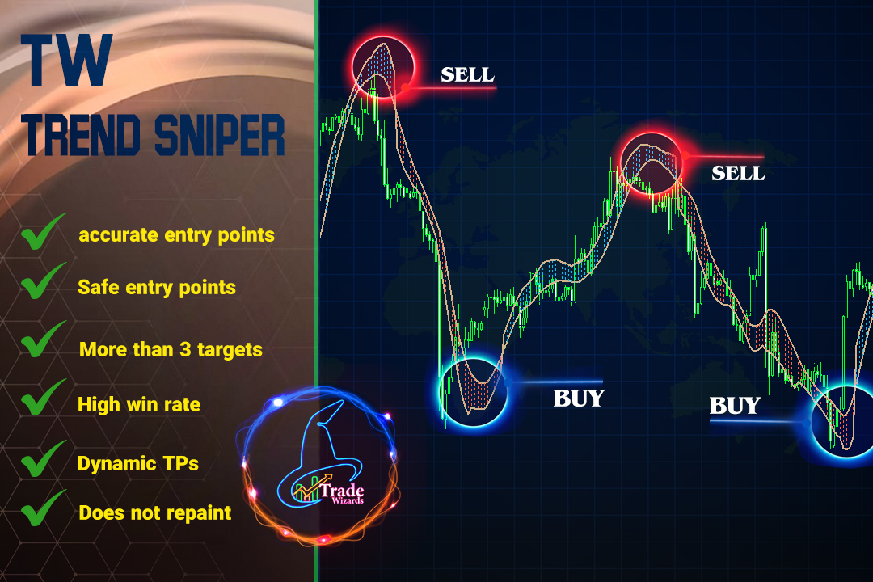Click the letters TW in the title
coord(66,60)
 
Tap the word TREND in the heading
coord(82,135)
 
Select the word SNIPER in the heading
coord(219,135)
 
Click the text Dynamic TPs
coord(138,463)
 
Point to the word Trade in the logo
coord(342,491)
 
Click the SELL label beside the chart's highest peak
coord(468,74)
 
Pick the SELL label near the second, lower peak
coord(738,173)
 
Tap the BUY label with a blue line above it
coord(579,399)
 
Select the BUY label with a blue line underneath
coord(735,406)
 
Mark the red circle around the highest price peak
coord(383,36)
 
